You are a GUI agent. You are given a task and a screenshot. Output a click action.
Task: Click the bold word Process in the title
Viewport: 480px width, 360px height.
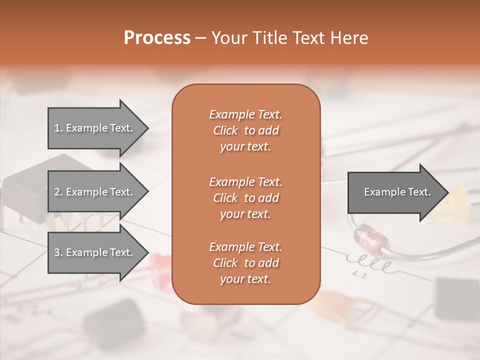pos(157,37)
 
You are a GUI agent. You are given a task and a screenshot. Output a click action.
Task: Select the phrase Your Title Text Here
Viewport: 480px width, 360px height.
pos(290,38)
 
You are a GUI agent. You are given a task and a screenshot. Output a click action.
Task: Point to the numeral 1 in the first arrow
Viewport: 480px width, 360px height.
pos(57,128)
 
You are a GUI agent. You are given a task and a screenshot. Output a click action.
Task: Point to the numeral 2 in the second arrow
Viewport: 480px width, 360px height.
pos(57,192)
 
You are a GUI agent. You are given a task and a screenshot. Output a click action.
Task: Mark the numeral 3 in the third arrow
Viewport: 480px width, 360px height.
pos(57,252)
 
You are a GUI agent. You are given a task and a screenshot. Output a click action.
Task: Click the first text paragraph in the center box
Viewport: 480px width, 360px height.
pos(245,130)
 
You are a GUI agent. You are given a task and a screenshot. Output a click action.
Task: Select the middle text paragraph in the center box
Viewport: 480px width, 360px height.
pos(245,198)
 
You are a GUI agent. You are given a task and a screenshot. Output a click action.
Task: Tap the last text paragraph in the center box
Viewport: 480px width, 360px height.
pos(245,263)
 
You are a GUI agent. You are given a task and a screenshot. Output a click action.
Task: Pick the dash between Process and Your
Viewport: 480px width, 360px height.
pos(200,38)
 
